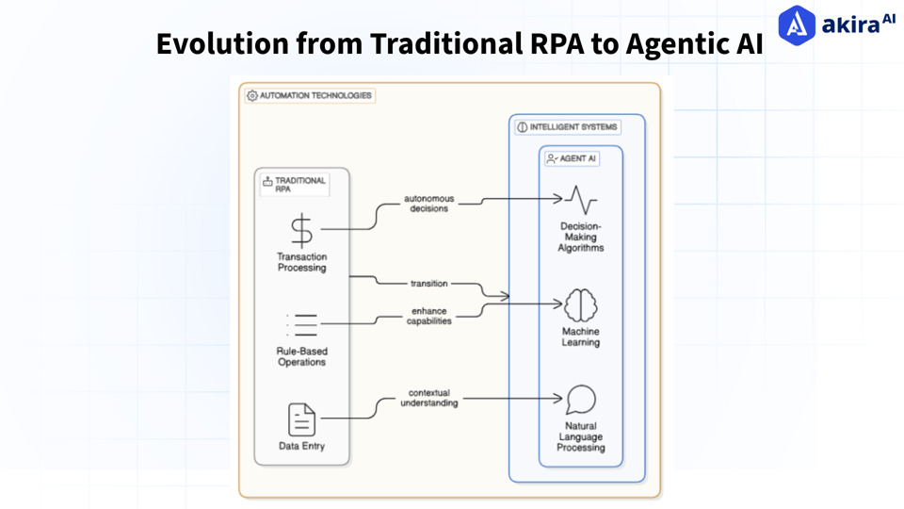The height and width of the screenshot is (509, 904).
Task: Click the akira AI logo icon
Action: coord(797,25)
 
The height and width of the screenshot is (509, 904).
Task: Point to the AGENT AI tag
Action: coord(572,159)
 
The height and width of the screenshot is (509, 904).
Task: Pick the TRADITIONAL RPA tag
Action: coord(295,185)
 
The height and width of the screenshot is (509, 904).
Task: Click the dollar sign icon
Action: coord(301,229)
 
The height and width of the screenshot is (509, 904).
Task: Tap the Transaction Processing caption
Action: coord(301,262)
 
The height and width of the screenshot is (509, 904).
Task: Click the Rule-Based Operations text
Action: coord(301,357)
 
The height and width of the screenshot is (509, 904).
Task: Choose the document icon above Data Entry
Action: coord(301,419)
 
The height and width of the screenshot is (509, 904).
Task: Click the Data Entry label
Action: coord(301,446)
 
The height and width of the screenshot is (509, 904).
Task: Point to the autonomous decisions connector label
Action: coord(428,204)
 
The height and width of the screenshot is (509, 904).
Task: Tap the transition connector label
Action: coord(428,283)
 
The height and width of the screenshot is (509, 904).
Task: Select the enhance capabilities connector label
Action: coord(428,316)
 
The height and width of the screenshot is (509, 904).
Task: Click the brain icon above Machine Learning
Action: coord(581,305)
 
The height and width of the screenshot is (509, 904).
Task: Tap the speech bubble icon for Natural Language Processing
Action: coord(581,400)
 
